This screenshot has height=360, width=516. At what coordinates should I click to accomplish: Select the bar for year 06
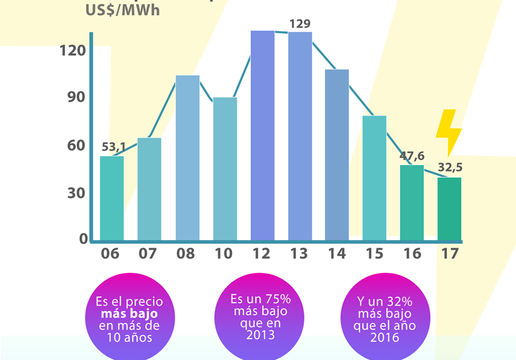point(112,198)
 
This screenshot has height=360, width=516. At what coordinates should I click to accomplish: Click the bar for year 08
point(188,158)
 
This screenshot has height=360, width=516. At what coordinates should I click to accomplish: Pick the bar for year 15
point(375,178)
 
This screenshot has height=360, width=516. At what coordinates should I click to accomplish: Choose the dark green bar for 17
point(449,209)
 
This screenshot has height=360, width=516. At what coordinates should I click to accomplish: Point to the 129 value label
point(299,24)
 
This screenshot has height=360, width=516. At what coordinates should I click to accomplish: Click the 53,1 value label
point(113,147)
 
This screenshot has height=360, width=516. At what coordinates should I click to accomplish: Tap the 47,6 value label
point(412,156)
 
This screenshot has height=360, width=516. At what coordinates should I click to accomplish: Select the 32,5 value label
point(450,168)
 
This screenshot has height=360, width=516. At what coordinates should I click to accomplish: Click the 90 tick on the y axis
point(76,98)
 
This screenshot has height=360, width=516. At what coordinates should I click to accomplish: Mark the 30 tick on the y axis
point(76,194)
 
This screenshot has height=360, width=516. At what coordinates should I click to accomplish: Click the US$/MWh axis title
point(123,10)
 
